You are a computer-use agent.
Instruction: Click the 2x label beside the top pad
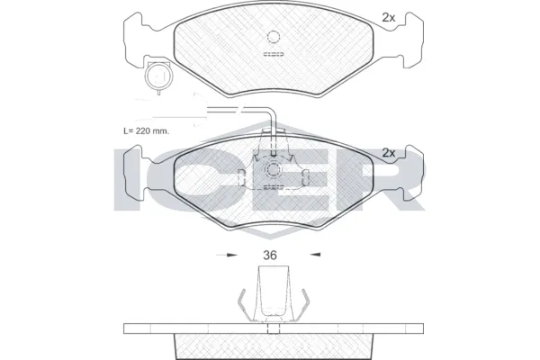389,18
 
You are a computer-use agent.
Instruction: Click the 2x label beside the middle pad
389,153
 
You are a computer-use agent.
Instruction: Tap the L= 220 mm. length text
147,130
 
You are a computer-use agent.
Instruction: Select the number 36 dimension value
270,256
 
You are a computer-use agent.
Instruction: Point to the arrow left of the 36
227,256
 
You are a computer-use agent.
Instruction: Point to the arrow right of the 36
315,255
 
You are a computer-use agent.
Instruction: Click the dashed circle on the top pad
274,37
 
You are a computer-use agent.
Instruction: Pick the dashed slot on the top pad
274,54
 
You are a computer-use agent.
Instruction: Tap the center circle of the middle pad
273,169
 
